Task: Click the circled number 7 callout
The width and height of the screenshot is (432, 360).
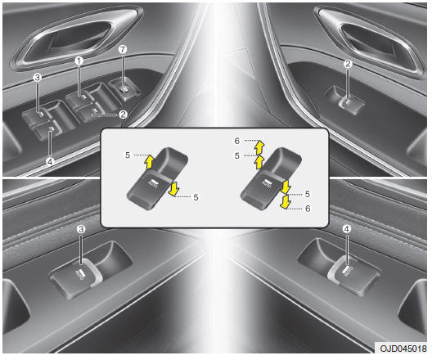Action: tap(123, 49)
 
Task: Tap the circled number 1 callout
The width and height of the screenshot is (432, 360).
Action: tap(79, 61)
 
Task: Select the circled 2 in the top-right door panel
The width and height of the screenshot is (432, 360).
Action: tap(348, 64)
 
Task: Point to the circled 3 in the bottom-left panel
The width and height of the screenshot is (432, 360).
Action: tap(81, 229)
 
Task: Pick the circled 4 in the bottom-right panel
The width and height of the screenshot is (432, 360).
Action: tap(347, 228)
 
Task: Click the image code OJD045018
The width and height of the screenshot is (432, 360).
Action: tap(403, 349)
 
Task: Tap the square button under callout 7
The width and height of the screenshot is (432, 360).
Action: tap(124, 89)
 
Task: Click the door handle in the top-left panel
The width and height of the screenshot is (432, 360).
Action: tap(77, 38)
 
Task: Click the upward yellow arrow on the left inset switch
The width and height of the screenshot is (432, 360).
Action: tap(149, 162)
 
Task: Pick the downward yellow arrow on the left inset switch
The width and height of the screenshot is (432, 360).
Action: tap(173, 189)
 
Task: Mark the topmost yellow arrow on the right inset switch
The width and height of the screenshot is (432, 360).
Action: tap(259, 147)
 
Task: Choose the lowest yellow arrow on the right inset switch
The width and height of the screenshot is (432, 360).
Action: tap(285, 201)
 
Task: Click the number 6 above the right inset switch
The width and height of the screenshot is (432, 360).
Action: tap(237, 141)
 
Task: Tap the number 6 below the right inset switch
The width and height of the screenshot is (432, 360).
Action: tap(308, 209)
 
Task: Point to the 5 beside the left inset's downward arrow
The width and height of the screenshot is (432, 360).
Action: tap(196, 197)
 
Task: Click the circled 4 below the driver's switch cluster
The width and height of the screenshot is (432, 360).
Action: tap(50, 162)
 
